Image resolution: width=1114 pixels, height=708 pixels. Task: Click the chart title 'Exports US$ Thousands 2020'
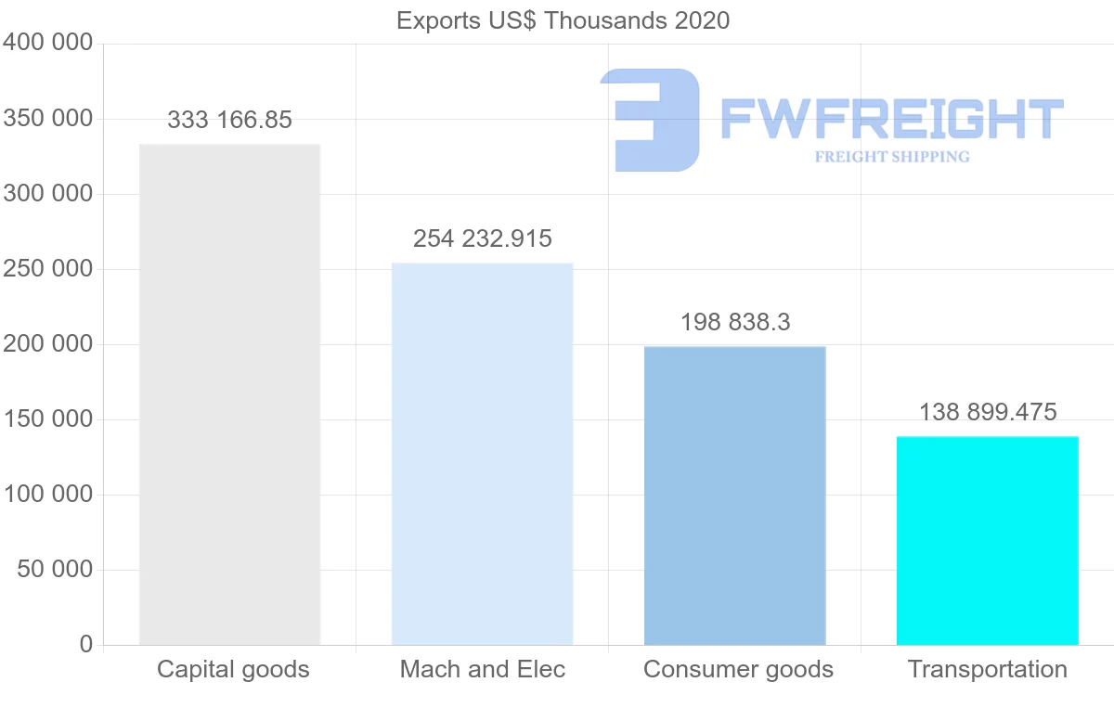[563, 20]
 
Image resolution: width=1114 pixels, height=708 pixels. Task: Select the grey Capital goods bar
[229, 394]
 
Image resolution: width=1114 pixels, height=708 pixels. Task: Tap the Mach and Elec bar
[482, 454]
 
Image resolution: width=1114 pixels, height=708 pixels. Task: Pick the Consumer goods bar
[734, 496]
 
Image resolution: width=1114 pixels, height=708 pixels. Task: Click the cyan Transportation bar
[987, 540]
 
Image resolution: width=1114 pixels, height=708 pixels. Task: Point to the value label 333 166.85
[229, 120]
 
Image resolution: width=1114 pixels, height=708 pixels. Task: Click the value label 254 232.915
[482, 238]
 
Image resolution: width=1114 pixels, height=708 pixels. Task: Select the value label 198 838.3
[734, 322]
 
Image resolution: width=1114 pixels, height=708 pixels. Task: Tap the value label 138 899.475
[987, 412]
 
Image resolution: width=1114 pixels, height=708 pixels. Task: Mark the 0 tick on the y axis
[86, 644]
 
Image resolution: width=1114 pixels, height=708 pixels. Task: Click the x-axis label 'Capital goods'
[233, 669]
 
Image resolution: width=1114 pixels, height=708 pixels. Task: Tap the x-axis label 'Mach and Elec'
[482, 669]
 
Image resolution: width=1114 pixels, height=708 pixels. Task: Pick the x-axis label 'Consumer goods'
[738, 669]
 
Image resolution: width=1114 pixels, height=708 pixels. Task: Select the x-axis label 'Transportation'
[987, 669]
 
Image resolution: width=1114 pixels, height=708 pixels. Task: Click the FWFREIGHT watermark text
[891, 119]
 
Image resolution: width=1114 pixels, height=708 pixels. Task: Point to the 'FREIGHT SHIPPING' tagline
[891, 157]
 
